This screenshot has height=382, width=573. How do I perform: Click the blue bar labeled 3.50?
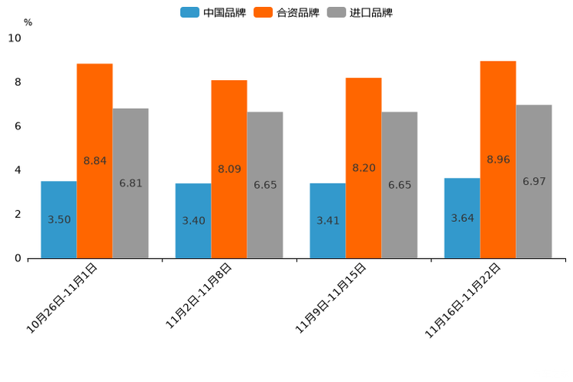[x=59, y=219]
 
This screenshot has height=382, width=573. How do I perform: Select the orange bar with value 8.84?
[x=95, y=161]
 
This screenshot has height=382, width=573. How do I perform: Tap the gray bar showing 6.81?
[x=130, y=183]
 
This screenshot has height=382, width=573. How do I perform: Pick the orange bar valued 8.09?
[x=229, y=169]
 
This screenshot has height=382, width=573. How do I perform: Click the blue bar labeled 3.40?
[x=193, y=221]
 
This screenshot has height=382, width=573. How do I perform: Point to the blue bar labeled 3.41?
[x=327, y=221]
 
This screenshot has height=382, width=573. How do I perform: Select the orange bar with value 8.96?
[x=498, y=159]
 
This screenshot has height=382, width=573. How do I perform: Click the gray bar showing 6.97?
[x=534, y=182]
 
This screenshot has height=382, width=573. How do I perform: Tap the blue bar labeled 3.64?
[x=462, y=218]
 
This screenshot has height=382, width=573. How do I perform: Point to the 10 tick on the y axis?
[x=14, y=39]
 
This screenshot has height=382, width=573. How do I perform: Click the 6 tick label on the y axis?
[x=17, y=126]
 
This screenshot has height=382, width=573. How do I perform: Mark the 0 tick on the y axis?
[x=17, y=259]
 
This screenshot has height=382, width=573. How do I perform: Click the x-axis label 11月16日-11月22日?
[x=464, y=300]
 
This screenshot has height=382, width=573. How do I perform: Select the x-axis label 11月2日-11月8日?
[x=199, y=296]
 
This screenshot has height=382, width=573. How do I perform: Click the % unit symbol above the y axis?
[x=28, y=22]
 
